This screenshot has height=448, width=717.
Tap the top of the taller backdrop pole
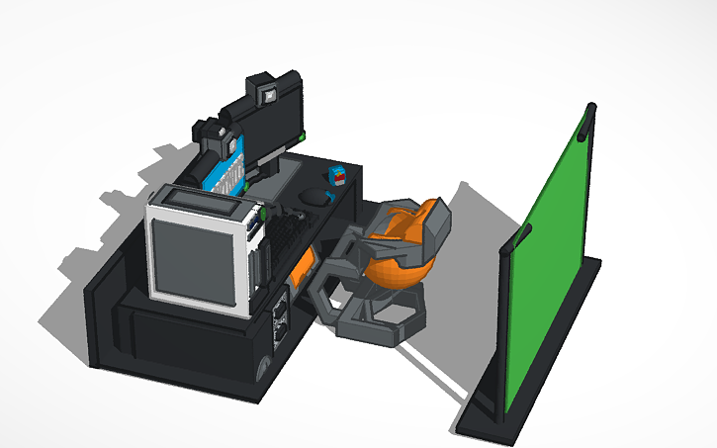(x=590, y=106)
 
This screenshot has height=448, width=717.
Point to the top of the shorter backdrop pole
(x=524, y=229)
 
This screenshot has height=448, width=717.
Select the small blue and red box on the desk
(x=337, y=175)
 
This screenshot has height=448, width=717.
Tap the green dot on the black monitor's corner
(x=299, y=134)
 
